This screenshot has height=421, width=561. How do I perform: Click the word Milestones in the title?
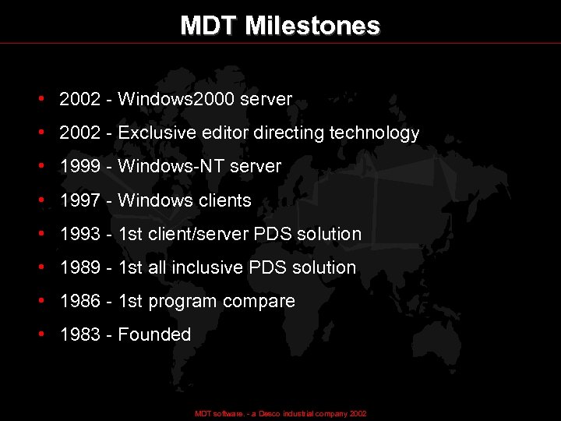point(312,26)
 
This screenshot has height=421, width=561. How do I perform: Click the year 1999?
point(80,167)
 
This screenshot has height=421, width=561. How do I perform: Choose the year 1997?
point(80,200)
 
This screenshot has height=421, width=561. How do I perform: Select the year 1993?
point(80,234)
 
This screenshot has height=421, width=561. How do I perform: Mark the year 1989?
point(80,267)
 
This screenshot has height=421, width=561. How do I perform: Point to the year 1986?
point(80,301)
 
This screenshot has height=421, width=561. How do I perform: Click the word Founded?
point(154,334)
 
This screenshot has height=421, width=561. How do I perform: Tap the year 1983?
point(80,334)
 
